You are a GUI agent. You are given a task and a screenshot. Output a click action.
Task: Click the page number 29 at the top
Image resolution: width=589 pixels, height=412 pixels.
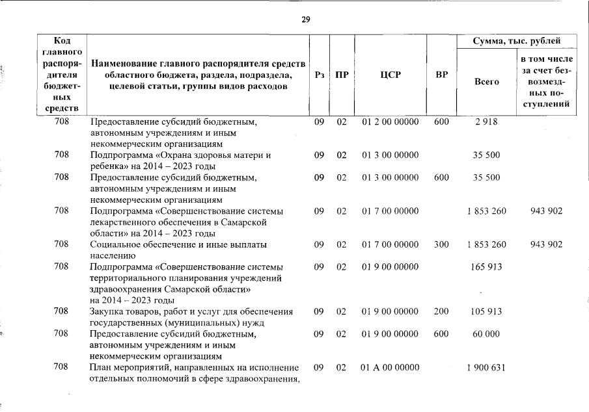pyautogui.click(x=305, y=19)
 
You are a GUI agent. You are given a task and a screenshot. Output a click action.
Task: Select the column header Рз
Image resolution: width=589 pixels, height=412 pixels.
pyautogui.click(x=319, y=75)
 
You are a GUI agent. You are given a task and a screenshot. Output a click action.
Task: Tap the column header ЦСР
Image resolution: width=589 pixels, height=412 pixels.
pyautogui.click(x=390, y=75)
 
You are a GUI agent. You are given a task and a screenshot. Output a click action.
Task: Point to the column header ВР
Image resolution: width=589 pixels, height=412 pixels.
pyautogui.click(x=441, y=75)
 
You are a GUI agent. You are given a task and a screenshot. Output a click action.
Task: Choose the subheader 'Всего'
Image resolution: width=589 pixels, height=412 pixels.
pyautogui.click(x=486, y=82)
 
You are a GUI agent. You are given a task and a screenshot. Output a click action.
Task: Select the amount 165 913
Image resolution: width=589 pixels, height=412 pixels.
pyautogui.click(x=486, y=266)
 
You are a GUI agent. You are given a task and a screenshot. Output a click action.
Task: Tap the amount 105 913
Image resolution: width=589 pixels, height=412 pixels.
pyautogui.click(x=486, y=311)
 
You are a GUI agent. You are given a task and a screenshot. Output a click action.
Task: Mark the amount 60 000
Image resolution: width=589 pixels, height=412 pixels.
pyautogui.click(x=486, y=334)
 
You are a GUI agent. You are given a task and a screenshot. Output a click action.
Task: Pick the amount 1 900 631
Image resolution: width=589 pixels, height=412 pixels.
pyautogui.click(x=486, y=368)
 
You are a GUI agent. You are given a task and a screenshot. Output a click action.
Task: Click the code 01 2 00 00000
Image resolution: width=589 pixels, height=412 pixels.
pyautogui.click(x=390, y=122)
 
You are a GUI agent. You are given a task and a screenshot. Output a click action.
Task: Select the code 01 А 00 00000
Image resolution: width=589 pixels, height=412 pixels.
pyautogui.click(x=390, y=368)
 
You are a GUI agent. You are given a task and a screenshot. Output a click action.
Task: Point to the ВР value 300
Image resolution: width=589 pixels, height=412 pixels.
pyautogui.click(x=441, y=244)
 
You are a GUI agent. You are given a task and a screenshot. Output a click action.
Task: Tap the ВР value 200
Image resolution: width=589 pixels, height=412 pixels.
pyautogui.click(x=441, y=311)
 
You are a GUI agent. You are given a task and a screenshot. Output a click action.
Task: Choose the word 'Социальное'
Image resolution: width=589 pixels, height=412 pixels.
pyautogui.click(x=116, y=244)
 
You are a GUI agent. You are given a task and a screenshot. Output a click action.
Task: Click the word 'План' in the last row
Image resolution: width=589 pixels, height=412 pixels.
pyautogui.click(x=101, y=368)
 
